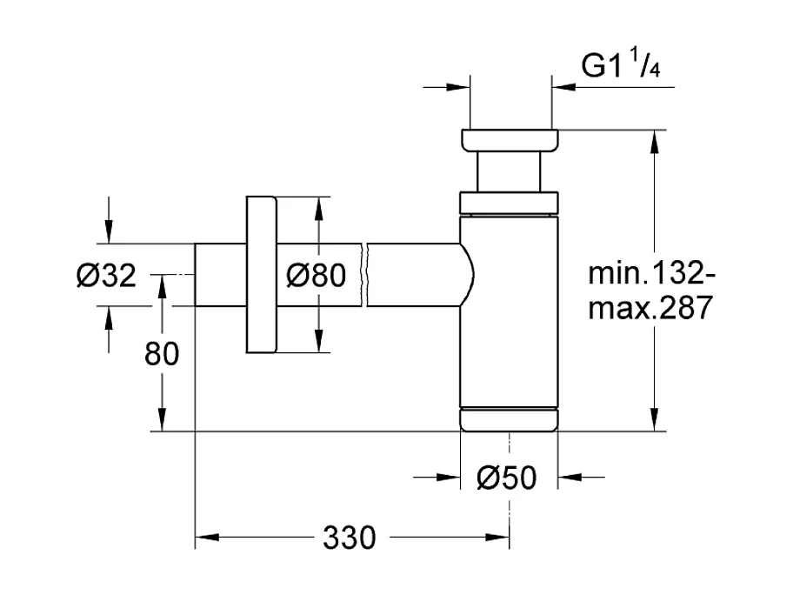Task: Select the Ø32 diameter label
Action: (106, 276)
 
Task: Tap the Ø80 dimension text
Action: (316, 276)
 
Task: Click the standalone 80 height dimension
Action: (161, 355)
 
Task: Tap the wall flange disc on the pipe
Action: (260, 275)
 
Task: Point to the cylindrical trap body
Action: (509, 313)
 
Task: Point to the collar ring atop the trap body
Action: (509, 203)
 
